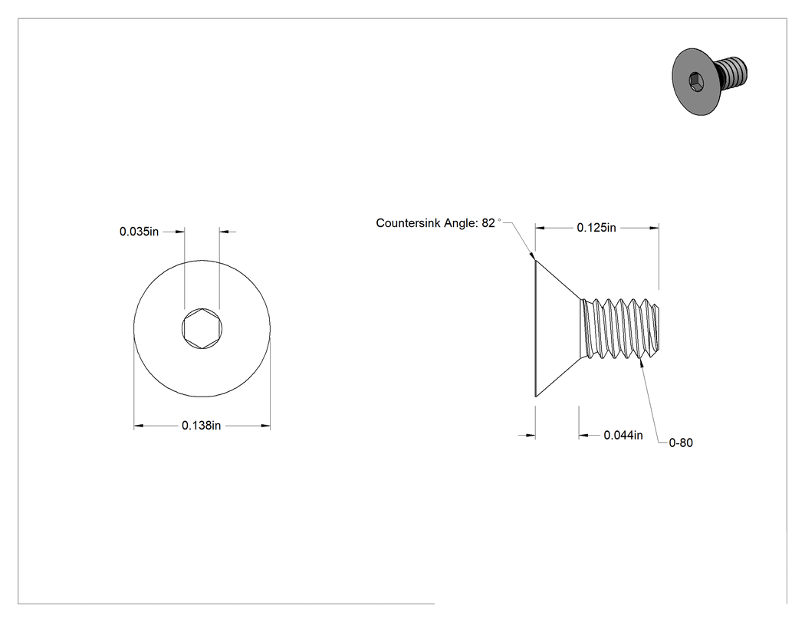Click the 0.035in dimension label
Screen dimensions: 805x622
click(x=139, y=232)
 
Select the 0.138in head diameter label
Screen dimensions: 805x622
click(x=201, y=426)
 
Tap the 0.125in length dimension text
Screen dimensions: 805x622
click(x=596, y=228)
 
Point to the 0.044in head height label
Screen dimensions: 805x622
click(x=623, y=436)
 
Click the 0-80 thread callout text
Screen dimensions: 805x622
click(x=681, y=443)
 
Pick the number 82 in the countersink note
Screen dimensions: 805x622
click(x=488, y=223)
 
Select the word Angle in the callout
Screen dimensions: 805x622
click(x=461, y=223)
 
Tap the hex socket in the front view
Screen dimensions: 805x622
click(x=202, y=329)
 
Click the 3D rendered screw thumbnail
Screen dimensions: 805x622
click(x=709, y=81)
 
